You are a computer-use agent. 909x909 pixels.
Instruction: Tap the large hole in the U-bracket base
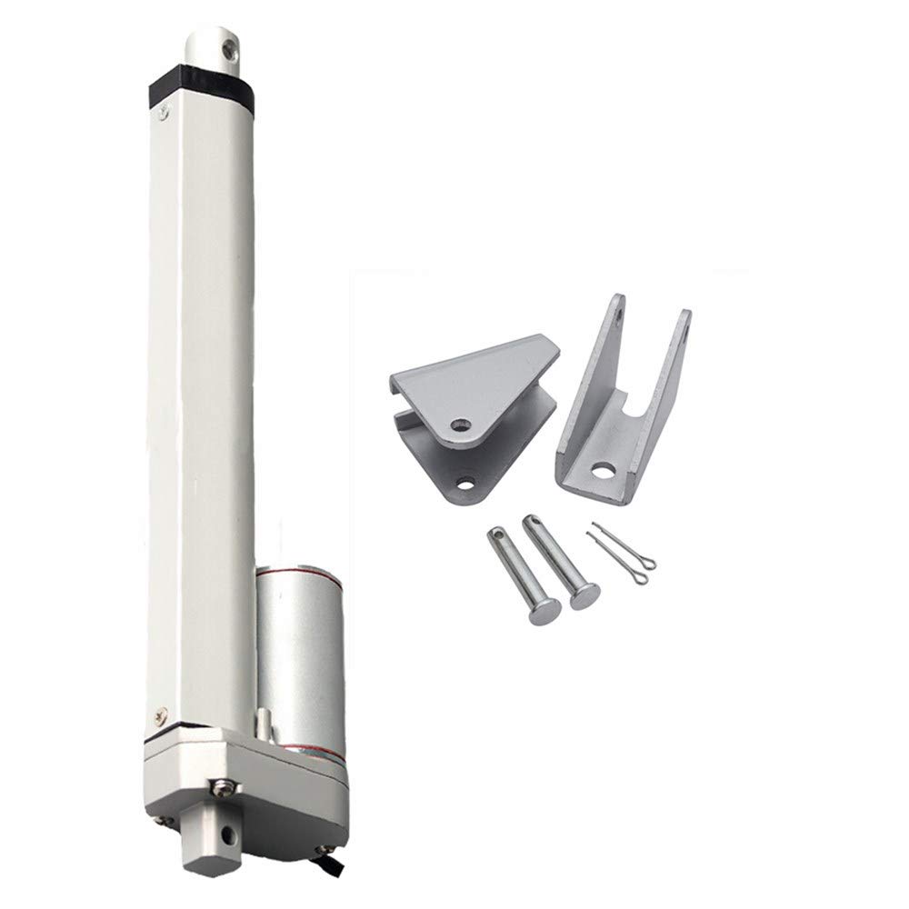pyautogui.click(x=601, y=472)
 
